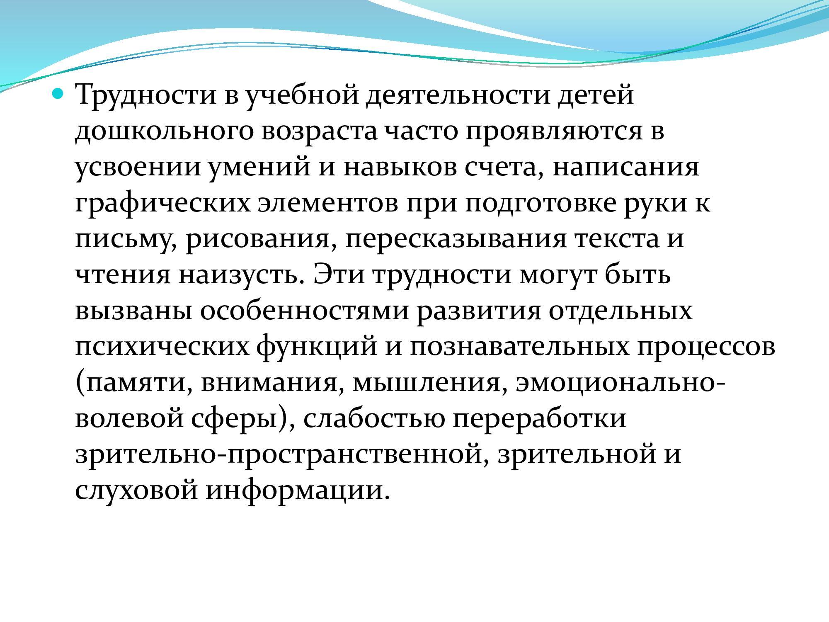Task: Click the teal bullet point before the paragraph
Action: (x=58, y=95)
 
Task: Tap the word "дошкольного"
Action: (x=164, y=132)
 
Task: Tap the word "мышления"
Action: (x=430, y=384)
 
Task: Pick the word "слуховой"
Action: (x=136, y=492)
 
